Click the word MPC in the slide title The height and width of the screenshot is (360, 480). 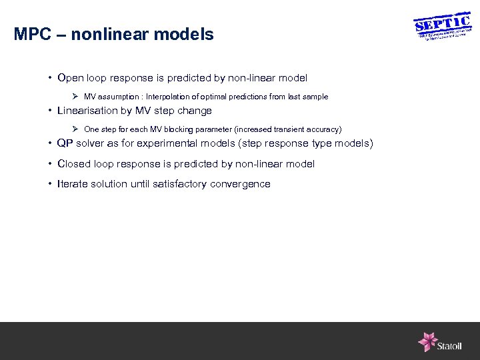point(32,35)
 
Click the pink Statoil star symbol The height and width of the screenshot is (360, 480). point(427,341)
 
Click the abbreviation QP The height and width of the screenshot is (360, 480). point(65,144)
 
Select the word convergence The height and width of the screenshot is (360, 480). point(240,184)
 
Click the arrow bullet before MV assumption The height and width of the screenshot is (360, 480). point(76,97)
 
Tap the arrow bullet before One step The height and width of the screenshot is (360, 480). point(76,129)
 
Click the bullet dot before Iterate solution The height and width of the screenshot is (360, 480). point(50,184)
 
